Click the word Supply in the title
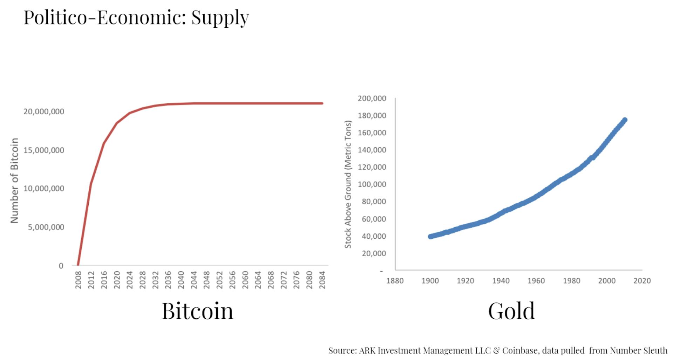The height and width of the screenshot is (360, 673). coord(220,18)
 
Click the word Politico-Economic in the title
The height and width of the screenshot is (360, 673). coord(104,18)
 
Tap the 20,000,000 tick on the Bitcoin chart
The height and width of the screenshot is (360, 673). coord(44,111)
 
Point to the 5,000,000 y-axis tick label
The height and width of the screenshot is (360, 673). coord(46,227)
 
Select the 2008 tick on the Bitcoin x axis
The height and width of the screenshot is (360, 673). coord(78,280)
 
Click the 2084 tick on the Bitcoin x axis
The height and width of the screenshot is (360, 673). coord(322,280)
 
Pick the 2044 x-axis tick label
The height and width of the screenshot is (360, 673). coord(194,280)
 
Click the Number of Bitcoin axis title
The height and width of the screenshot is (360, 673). coord(14,180)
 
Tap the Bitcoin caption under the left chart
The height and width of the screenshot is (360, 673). coord(197,311)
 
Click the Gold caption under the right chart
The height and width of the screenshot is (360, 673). coord(511,311)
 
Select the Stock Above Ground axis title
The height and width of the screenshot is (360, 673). coord(348,184)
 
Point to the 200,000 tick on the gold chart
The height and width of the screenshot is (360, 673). coord(372,99)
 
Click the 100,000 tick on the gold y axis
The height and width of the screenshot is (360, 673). coord(372,184)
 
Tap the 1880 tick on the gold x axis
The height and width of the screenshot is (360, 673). coord(395,281)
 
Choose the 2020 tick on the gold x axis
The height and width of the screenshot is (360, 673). coord(642,281)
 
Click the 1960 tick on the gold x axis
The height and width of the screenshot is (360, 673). coord(536,281)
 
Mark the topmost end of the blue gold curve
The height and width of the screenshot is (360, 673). coord(624,120)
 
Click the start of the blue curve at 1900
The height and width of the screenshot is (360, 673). coord(431,237)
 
